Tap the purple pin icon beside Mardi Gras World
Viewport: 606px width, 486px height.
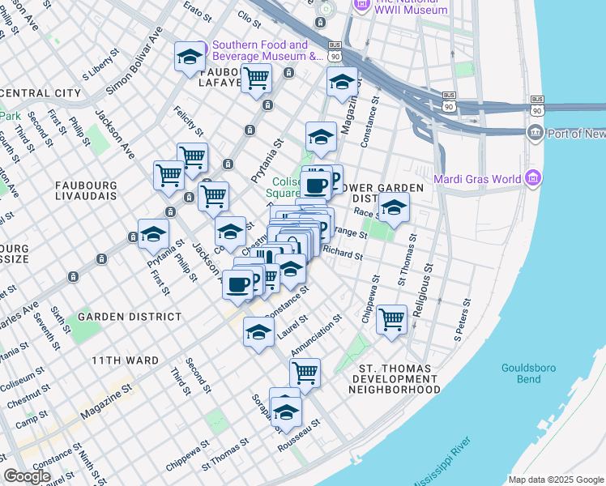coord(532,177)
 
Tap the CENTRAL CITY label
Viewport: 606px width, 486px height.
coord(41,92)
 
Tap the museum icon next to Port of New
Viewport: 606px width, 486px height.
coord(535,132)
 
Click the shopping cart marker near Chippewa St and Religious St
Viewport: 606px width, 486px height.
coord(391,318)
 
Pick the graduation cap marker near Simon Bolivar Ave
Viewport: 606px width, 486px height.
coord(190,56)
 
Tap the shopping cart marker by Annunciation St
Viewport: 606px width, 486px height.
coord(305,373)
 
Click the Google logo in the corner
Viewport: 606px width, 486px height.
coord(28,475)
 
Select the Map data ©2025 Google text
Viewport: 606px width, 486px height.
coord(555,479)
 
